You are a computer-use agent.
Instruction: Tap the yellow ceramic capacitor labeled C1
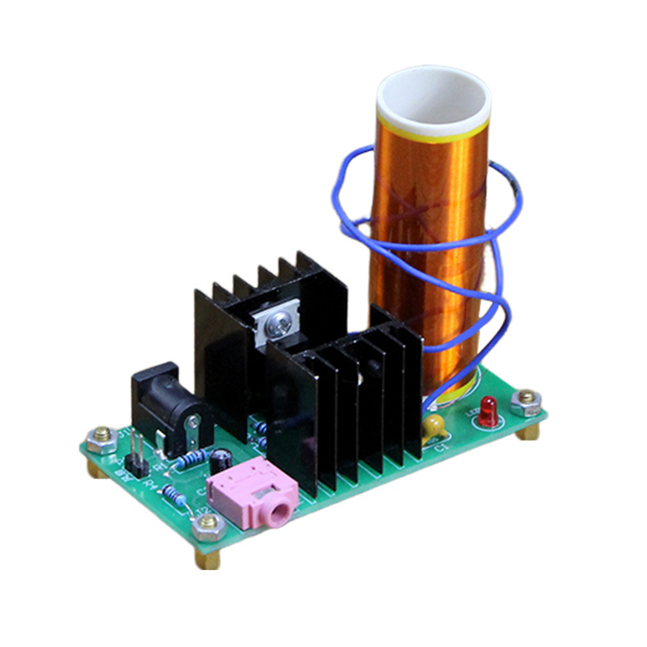tap(432, 425)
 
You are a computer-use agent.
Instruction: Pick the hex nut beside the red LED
tap(526, 401)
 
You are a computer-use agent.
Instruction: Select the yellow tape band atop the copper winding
tap(433, 133)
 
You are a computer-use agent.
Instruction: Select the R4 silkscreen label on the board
tap(151, 483)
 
